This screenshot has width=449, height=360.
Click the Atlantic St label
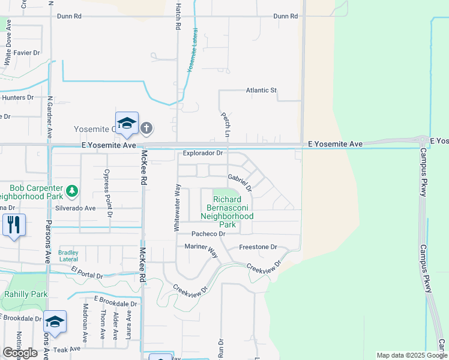(x=261, y=90)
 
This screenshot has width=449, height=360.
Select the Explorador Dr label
(x=203, y=153)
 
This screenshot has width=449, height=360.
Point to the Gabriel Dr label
(x=240, y=182)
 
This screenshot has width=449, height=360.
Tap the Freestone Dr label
(x=258, y=247)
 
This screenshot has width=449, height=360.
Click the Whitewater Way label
(x=177, y=208)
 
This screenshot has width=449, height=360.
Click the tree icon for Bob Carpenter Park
(x=72, y=191)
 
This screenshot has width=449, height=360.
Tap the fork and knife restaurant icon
(x=13, y=225)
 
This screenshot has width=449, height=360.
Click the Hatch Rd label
(x=178, y=16)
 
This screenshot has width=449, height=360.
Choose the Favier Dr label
(x=26, y=53)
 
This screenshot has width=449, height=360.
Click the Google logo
(x=20, y=353)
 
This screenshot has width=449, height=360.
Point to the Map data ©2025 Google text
(x=411, y=355)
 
